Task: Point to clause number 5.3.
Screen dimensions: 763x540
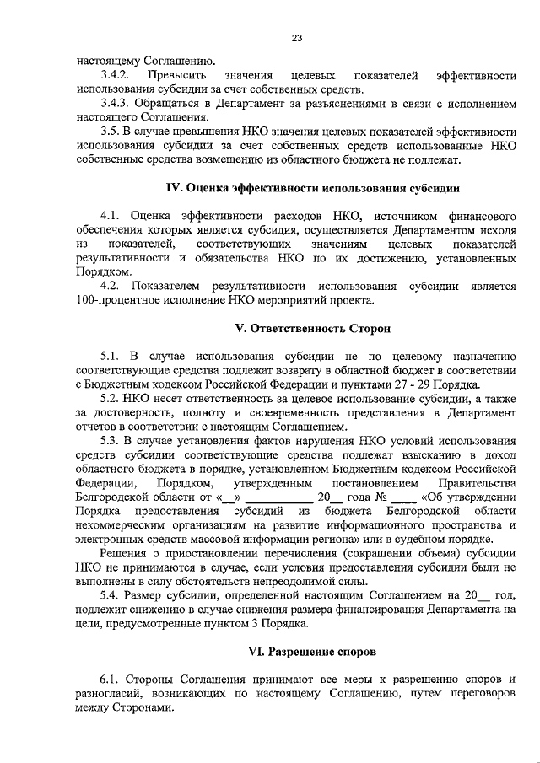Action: [x=110, y=440]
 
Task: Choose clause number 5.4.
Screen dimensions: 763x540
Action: [x=110, y=594]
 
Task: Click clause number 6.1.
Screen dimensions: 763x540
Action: [x=110, y=680]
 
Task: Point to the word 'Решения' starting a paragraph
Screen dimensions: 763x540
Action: [x=122, y=552]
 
